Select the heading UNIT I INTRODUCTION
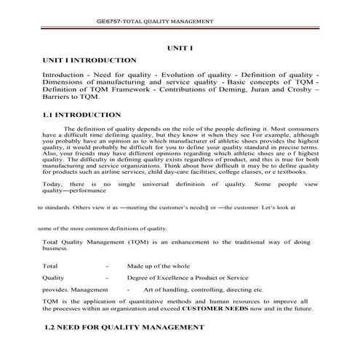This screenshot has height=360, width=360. pyautogui.click(x=89, y=60)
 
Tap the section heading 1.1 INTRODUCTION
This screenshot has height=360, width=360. pyautogui.click(x=82, y=115)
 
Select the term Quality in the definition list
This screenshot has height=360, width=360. pyautogui.click(x=54, y=279)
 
